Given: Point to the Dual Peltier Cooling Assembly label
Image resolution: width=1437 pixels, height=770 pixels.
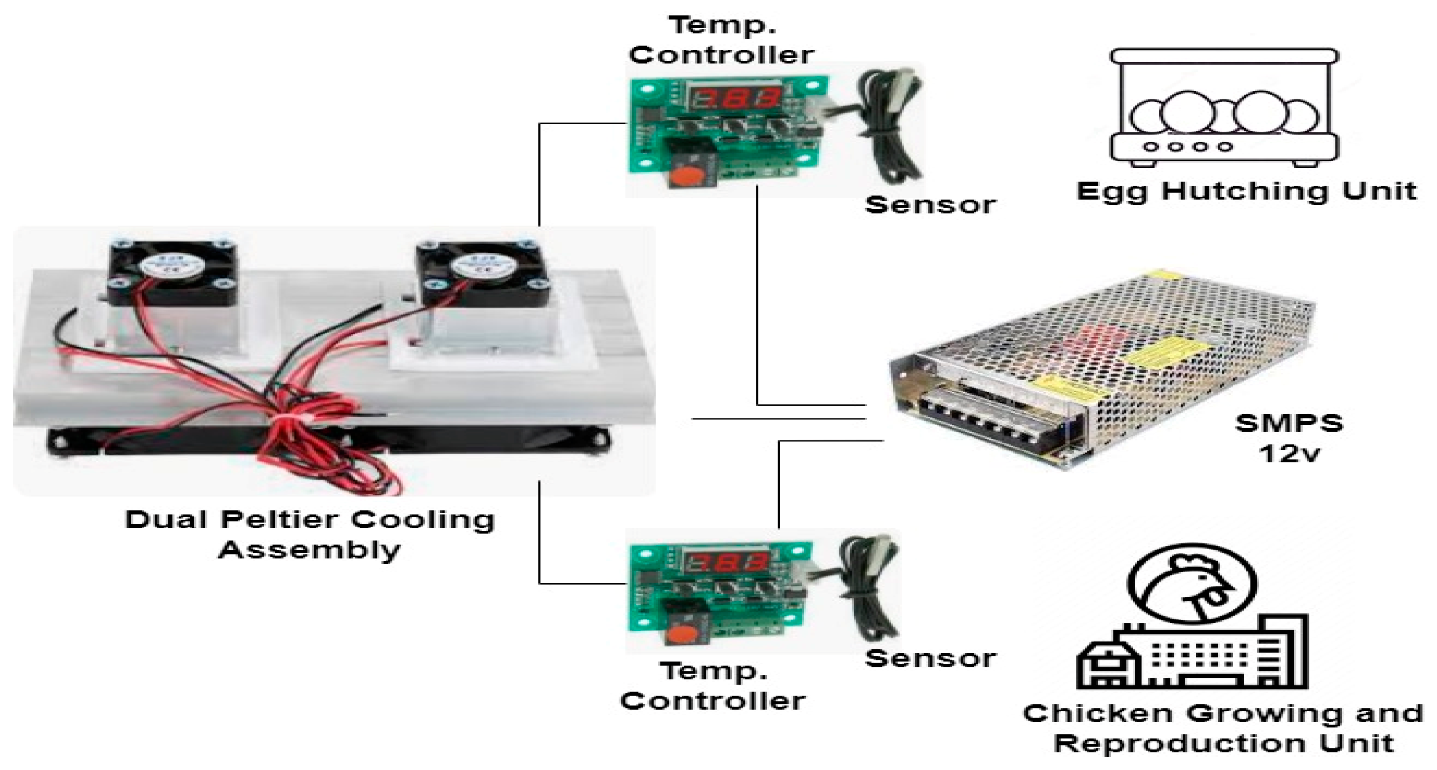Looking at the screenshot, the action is coord(310,534).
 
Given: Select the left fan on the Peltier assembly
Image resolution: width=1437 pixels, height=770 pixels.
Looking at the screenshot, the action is coord(172,274).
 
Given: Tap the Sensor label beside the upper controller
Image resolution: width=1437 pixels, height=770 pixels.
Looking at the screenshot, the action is coord(930,205).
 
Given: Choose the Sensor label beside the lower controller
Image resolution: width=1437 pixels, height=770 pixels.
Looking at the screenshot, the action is coord(930,659).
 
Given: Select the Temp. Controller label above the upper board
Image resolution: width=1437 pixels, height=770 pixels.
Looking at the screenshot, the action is coord(721,40).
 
